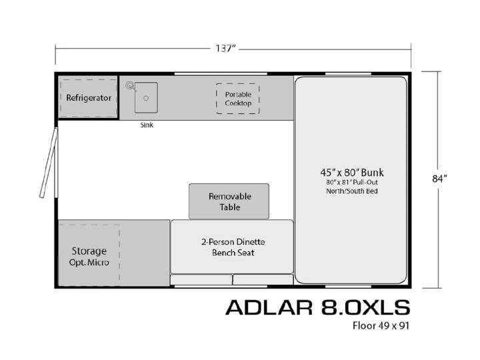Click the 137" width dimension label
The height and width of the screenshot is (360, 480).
[x=225, y=49]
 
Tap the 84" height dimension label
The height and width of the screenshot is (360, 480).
[x=439, y=178]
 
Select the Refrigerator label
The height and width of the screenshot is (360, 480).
[x=89, y=98]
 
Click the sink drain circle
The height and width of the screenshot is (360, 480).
[x=146, y=98]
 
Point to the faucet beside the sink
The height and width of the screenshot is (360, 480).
[x=130, y=86]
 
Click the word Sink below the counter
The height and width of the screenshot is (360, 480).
[x=147, y=125]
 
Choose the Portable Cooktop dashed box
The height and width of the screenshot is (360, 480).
[x=237, y=99]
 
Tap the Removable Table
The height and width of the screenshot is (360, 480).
[x=229, y=201]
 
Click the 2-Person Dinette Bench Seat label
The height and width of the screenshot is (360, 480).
[x=233, y=247]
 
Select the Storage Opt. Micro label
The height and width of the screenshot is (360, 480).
[x=89, y=256]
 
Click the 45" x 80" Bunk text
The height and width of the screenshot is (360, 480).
[x=352, y=173]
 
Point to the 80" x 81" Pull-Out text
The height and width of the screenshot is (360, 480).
[x=352, y=182]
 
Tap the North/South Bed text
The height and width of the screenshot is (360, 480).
[x=352, y=191]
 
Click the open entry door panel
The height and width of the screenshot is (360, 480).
[x=49, y=163]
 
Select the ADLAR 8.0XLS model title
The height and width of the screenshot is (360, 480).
[x=318, y=307]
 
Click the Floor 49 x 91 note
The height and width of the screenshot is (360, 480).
[x=381, y=325]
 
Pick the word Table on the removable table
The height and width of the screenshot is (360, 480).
[x=229, y=207]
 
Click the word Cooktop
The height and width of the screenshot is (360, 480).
[x=238, y=103]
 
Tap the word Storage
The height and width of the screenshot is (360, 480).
[x=89, y=251]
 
